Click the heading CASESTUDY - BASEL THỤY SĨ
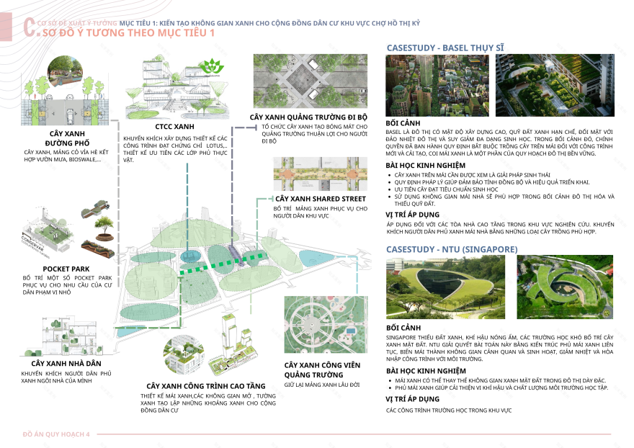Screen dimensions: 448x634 tap(445, 48)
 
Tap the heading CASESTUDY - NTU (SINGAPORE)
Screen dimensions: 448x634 tap(452, 248)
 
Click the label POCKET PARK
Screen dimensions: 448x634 tap(66, 269)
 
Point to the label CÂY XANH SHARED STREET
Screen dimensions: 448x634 tap(321, 198)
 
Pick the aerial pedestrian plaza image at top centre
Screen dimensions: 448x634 tap(310, 80)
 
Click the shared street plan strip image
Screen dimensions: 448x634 tap(321, 174)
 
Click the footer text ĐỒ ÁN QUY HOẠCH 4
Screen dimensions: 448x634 tap(56, 434)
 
